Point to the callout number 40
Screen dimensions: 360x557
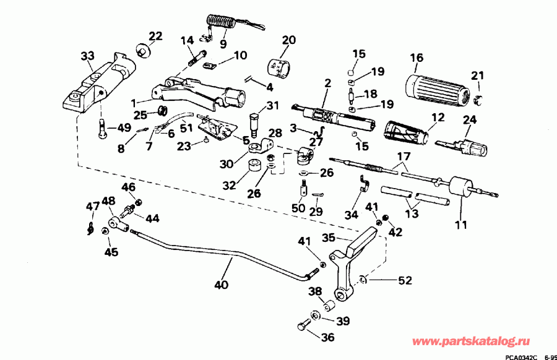221,286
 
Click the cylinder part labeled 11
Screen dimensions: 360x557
461,187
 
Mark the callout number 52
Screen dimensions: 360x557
405,280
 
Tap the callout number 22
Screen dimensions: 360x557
155,36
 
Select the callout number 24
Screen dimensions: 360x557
470,121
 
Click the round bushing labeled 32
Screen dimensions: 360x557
253,168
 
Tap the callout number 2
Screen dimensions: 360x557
327,82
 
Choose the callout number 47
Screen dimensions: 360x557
91,206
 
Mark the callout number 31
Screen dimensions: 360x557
274,106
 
